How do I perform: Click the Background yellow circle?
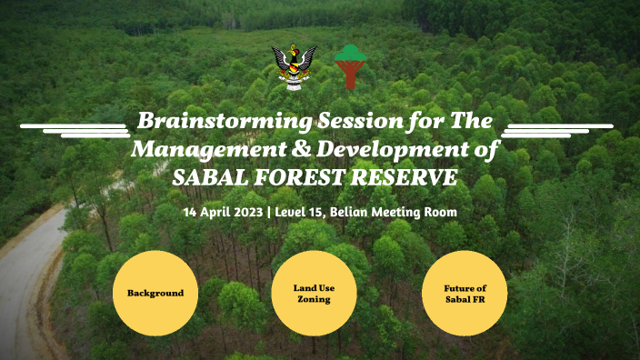point(155,294)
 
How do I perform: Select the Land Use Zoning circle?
point(314,294)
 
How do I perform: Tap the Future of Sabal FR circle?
point(464,294)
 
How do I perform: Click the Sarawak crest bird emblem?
point(294,66)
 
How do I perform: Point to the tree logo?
point(350,66)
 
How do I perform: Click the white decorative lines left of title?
point(75,129)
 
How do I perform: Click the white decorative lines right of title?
point(556,129)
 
